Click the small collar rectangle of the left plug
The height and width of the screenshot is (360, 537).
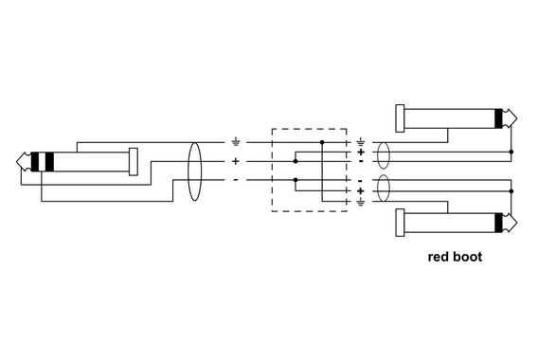click(133, 161)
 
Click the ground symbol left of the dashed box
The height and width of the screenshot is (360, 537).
click(236, 143)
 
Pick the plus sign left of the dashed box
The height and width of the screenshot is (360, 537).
click(236, 161)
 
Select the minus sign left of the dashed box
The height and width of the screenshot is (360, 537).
click(236, 179)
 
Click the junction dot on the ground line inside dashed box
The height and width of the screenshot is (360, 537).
click(322, 143)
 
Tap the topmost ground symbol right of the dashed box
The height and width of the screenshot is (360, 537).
click(361, 142)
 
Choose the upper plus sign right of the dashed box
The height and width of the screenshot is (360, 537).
click(361, 153)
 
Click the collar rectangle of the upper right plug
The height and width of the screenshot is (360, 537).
click(400, 118)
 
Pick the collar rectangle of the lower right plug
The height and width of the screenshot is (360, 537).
click(400, 224)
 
